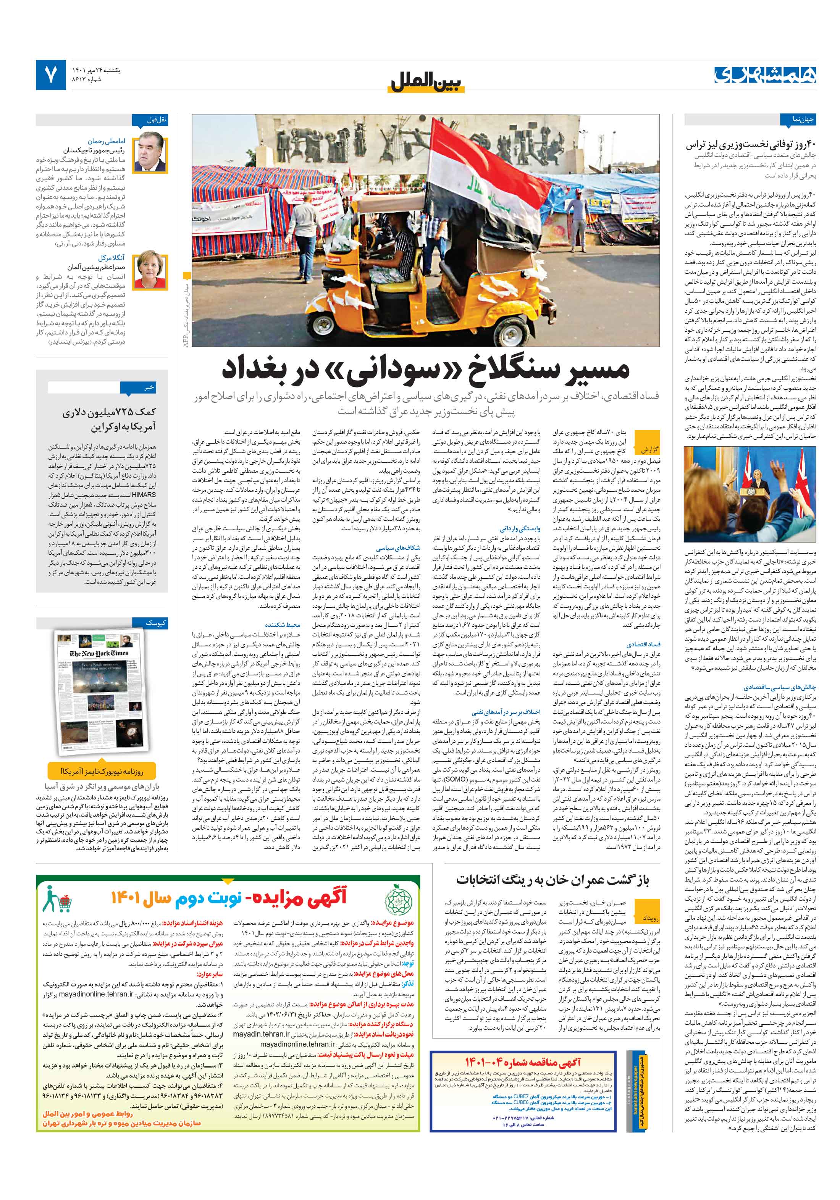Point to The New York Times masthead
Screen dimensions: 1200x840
(99, 653)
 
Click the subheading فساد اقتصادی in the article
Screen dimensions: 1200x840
(643, 644)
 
